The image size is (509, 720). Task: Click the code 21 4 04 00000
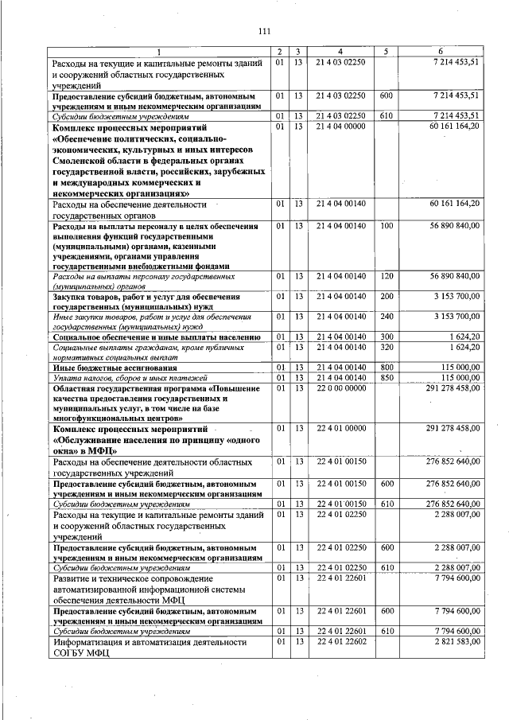tap(340, 126)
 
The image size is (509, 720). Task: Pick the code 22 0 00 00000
tap(340, 388)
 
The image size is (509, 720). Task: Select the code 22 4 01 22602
tap(340, 641)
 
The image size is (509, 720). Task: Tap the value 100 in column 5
tap(387, 227)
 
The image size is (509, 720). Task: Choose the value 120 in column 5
tap(387, 275)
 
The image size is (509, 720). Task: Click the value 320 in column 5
tap(387, 348)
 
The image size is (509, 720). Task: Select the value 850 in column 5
tap(387, 377)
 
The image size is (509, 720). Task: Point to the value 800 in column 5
tap(387, 368)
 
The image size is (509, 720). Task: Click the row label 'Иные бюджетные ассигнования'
tap(103, 368)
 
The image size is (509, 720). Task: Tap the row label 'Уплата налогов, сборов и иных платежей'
tap(130, 377)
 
